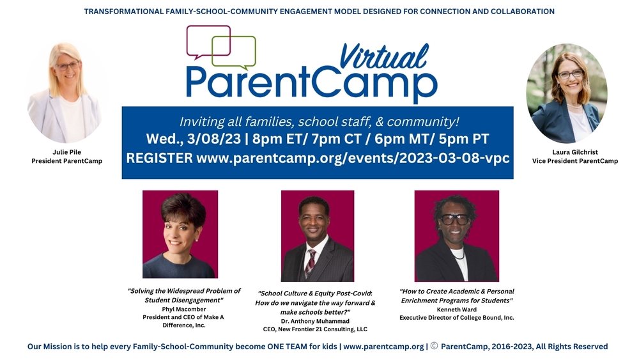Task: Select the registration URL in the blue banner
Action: (353, 157)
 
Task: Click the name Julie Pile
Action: (67, 152)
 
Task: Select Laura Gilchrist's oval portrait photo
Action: (567, 93)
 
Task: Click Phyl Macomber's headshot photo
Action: (180, 234)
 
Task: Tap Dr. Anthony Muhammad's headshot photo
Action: (317, 236)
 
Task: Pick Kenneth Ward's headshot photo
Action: (456, 236)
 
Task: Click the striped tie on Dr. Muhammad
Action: (312, 263)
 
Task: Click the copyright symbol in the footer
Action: (434, 347)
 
